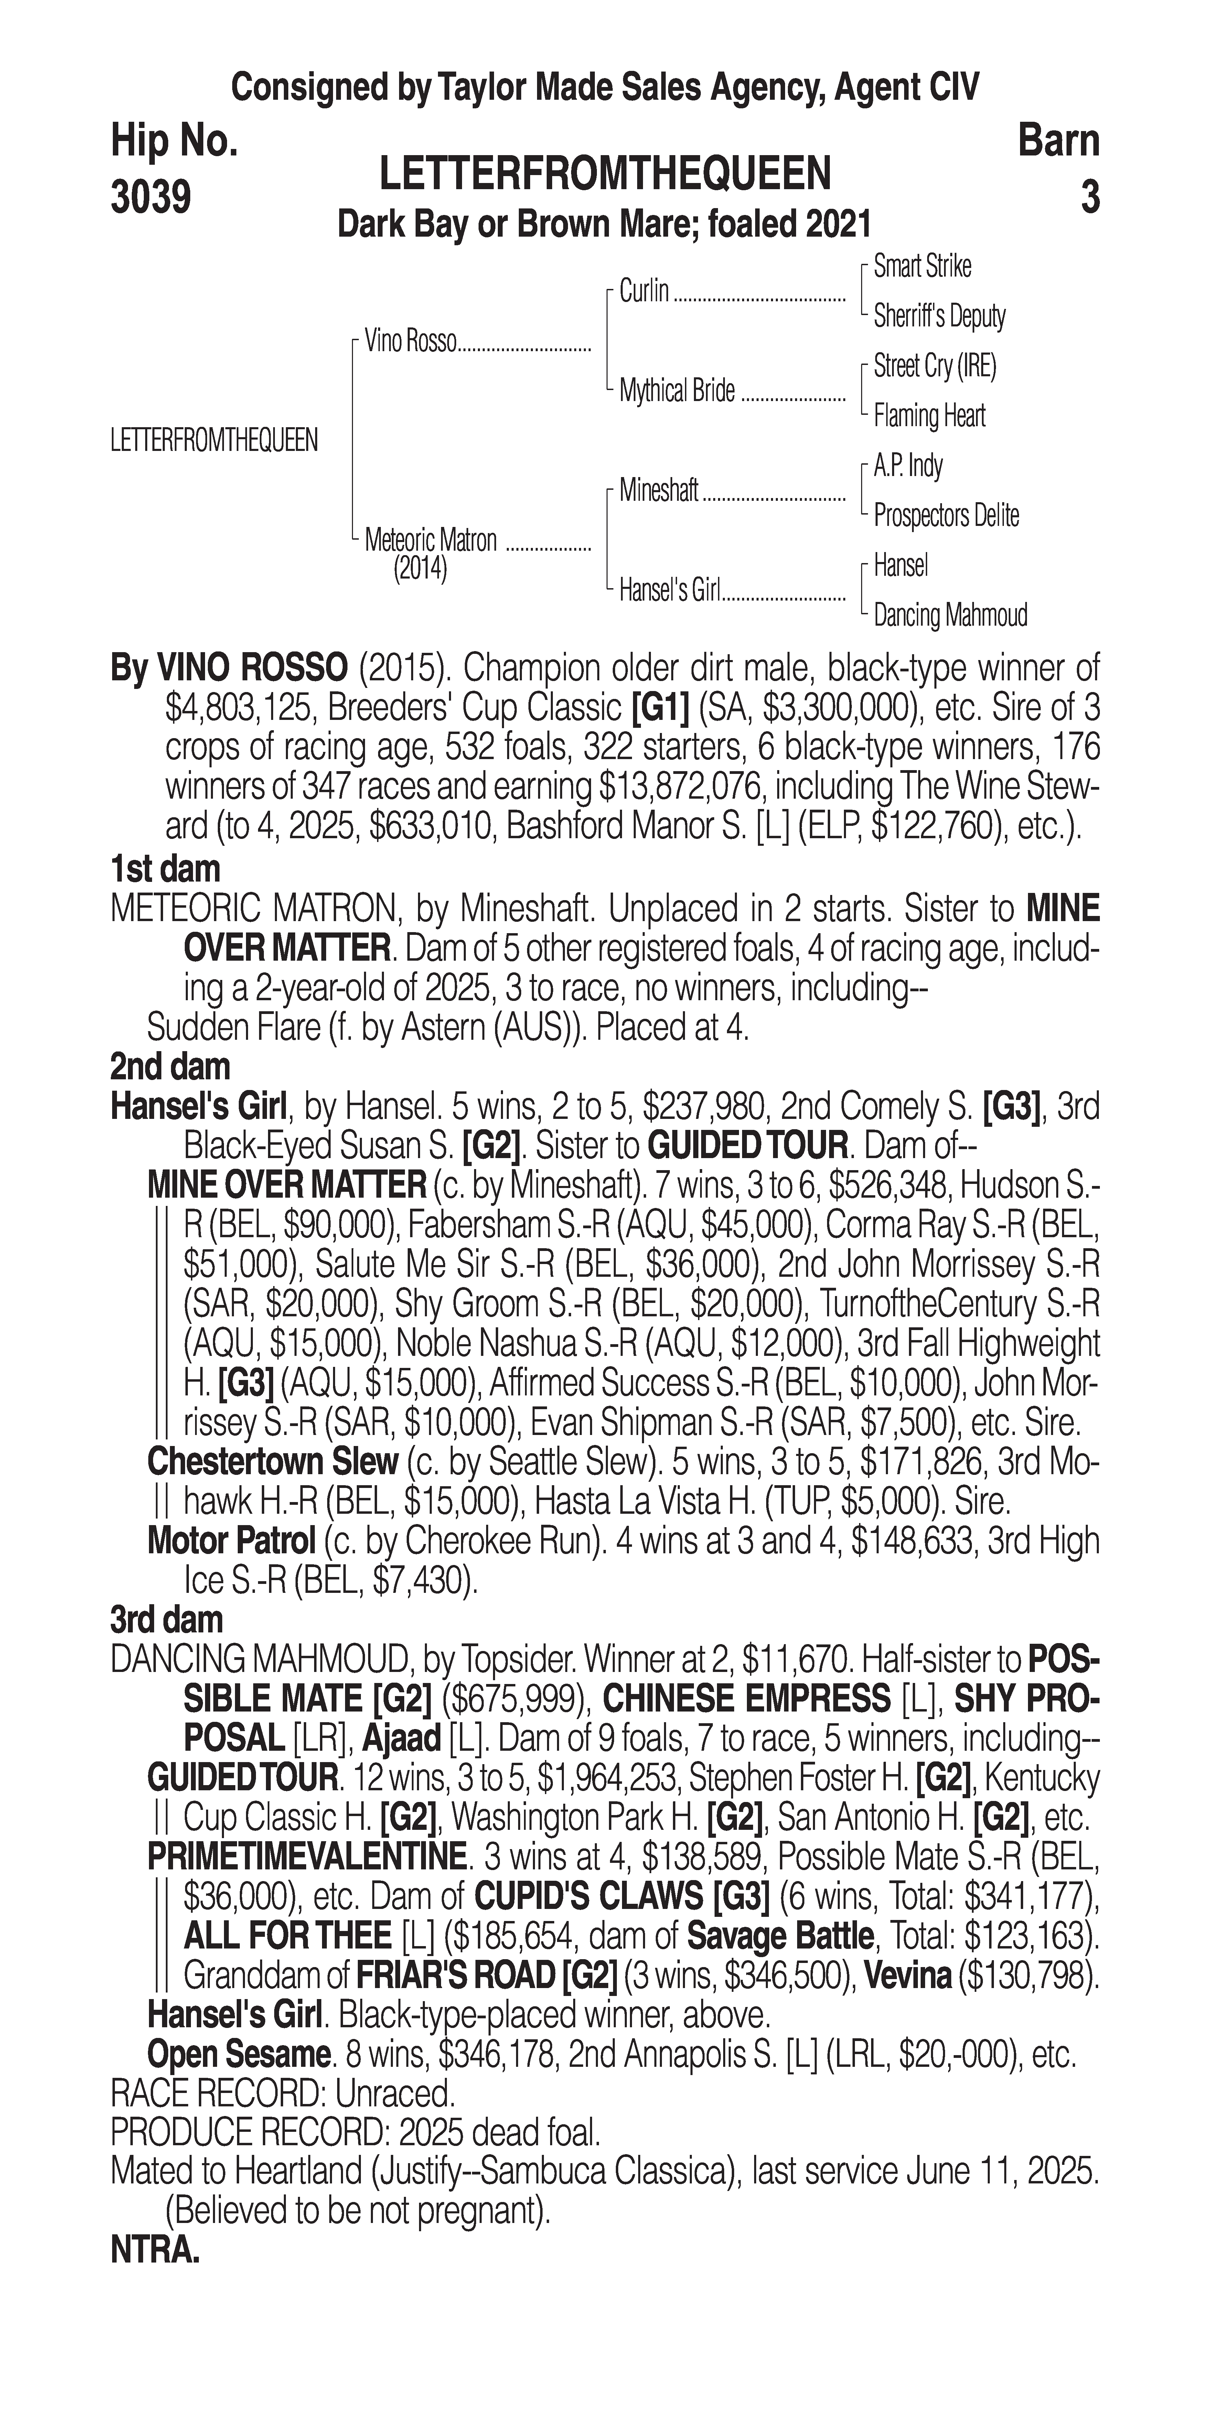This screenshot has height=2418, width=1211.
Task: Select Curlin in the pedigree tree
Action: pos(644,292)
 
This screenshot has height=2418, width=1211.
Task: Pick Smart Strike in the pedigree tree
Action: pos(922,267)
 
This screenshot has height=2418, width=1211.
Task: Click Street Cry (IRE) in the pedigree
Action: pos(934,366)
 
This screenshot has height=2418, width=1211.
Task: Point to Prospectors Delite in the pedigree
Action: pos(945,515)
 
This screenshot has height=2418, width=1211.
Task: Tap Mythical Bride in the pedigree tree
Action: pos(677,391)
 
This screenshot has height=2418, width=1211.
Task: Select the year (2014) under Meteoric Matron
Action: pos(419,570)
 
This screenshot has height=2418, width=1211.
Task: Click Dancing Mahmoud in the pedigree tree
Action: pos(950,616)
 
